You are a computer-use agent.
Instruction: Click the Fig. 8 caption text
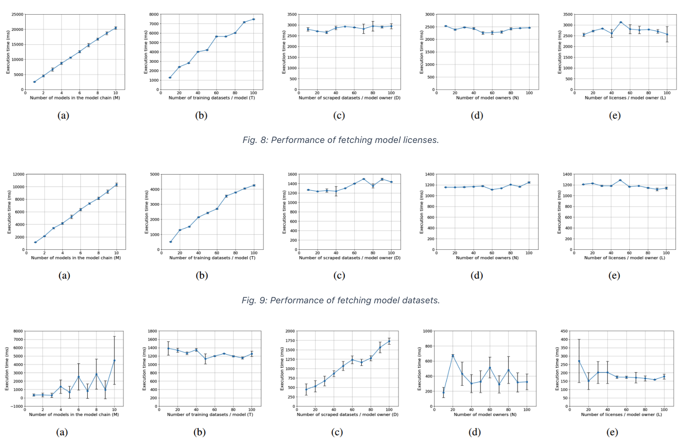click(x=341, y=140)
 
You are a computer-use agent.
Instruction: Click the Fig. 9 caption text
click(x=341, y=301)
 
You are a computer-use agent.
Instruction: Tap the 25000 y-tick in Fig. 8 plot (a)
click(x=17, y=15)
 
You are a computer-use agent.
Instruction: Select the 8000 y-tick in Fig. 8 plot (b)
click(x=154, y=15)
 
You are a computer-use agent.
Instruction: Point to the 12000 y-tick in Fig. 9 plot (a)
click(x=18, y=175)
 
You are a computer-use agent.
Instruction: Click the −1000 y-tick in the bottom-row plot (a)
click(x=17, y=398)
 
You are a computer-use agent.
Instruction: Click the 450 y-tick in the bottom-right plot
click(x=564, y=331)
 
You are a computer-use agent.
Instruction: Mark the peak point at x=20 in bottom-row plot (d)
click(x=453, y=356)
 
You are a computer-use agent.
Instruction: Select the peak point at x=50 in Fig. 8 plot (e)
click(x=621, y=22)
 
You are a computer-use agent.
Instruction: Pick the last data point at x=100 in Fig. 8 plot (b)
click(x=253, y=19)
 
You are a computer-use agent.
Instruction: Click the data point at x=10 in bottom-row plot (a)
click(x=114, y=360)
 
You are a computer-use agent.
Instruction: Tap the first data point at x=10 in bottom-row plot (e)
click(x=579, y=361)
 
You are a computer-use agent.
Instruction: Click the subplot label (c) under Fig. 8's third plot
click(x=339, y=115)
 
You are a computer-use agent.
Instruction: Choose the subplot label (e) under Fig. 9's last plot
click(x=614, y=276)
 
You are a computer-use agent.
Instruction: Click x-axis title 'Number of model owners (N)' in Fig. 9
click(x=487, y=258)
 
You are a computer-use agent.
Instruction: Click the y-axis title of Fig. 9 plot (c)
click(x=284, y=212)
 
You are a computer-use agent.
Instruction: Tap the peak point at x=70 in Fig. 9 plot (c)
click(x=364, y=179)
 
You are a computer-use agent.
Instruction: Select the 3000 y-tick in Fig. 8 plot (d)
click(x=429, y=15)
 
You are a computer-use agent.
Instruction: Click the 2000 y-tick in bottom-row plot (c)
click(x=290, y=331)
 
